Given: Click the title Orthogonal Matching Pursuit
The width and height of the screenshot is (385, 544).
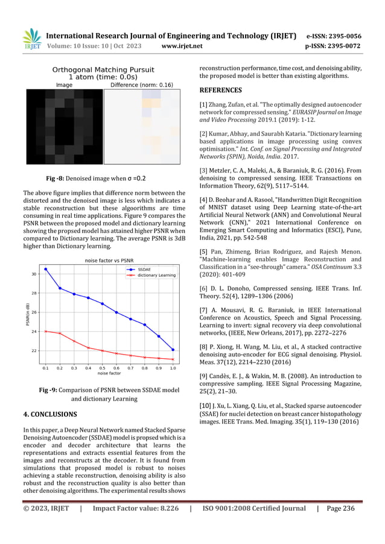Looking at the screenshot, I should (103, 70).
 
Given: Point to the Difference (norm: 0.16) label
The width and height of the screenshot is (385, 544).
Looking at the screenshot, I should (142, 85).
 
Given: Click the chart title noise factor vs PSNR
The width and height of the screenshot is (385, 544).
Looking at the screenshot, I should (104, 260).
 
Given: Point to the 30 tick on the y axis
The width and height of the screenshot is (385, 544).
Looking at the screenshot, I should (34, 274).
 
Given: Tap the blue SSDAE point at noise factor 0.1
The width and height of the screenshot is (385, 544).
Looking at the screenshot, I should (46, 269).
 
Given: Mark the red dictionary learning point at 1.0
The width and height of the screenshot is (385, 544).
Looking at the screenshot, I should (173, 359).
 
